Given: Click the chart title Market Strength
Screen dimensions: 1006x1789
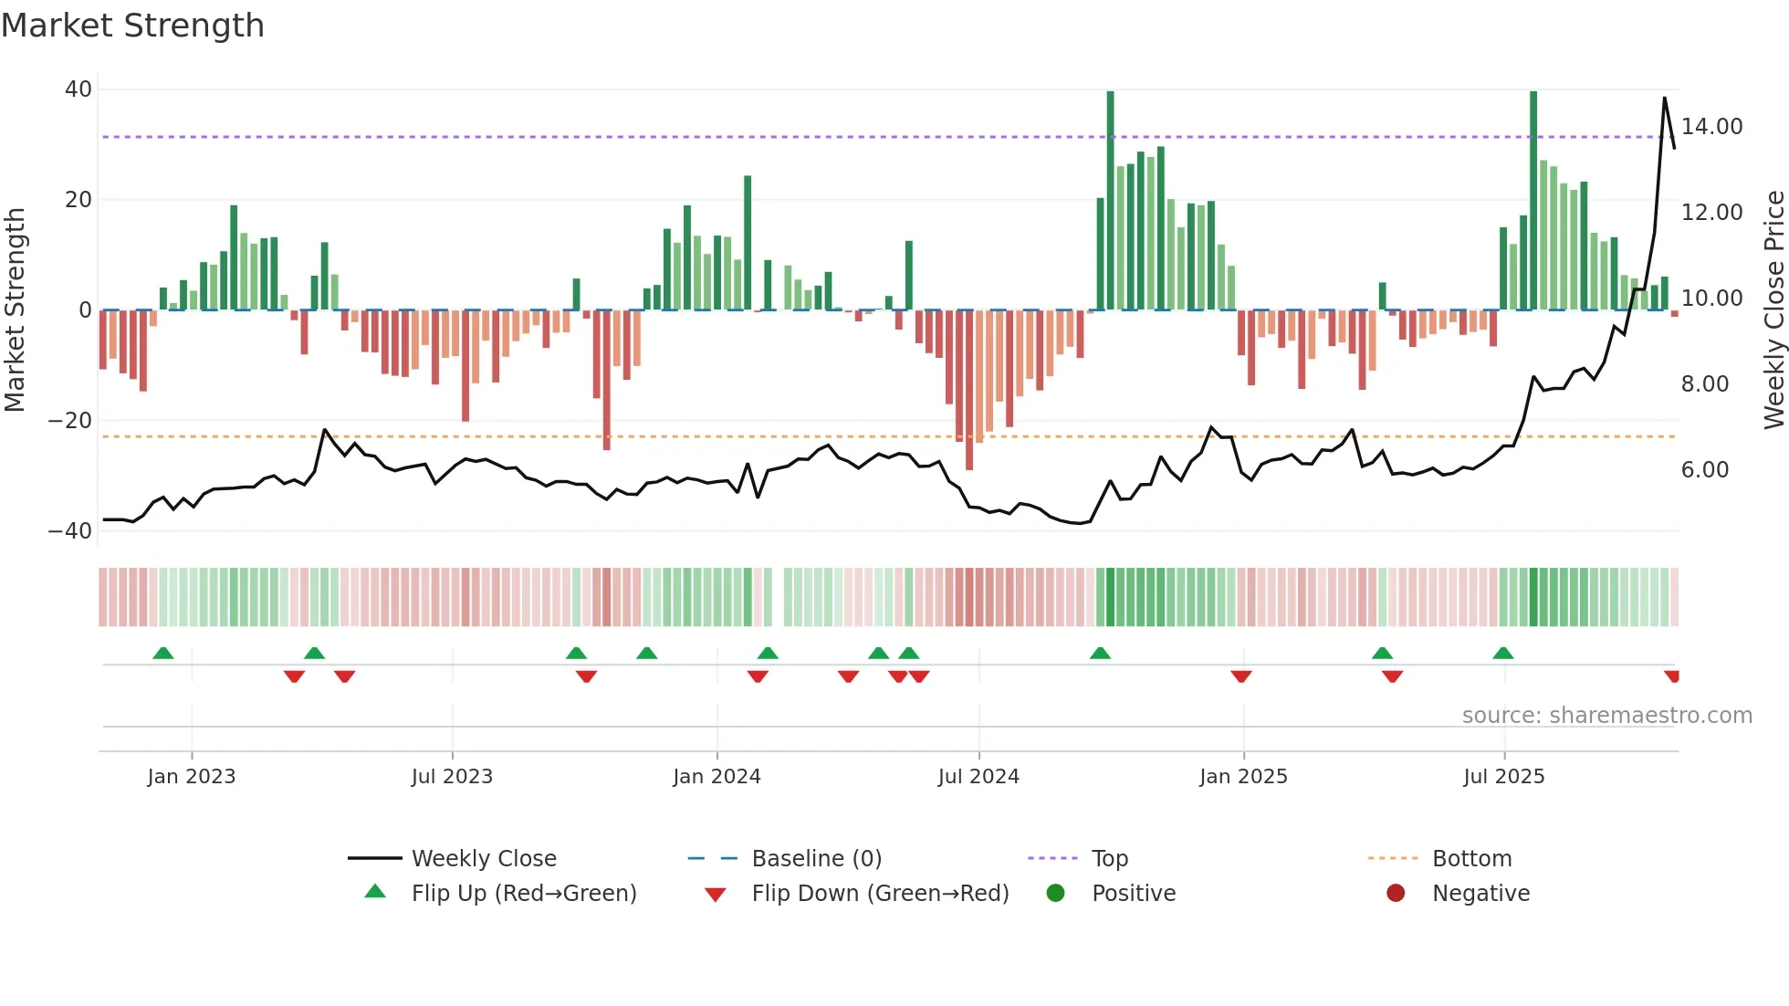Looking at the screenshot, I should click(x=132, y=26).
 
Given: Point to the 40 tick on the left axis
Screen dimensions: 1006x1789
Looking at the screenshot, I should click(x=78, y=89).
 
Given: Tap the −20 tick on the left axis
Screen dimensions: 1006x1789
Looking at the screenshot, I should click(x=70, y=421).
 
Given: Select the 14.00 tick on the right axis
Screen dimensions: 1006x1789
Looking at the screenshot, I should click(x=1711, y=127).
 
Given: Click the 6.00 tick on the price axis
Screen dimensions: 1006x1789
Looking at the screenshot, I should click(x=1704, y=470).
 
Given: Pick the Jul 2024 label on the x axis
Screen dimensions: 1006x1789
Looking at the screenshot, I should click(x=978, y=777).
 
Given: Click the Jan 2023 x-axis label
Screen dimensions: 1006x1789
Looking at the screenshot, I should click(x=192, y=777).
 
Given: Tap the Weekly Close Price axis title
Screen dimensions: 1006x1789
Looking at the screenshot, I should click(x=1773, y=309).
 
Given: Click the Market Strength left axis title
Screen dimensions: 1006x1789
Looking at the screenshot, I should click(x=15, y=309).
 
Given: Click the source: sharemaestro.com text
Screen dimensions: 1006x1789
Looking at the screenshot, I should click(x=1606, y=716).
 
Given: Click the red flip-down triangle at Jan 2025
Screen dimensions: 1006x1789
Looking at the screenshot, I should click(x=1240, y=676).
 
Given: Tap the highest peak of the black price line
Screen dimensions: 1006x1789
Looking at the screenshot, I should click(x=1664, y=98).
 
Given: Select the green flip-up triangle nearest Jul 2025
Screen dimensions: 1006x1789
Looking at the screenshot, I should click(x=1502, y=653).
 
